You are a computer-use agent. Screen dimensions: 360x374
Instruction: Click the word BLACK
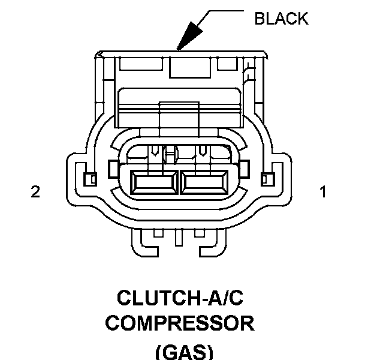tap(281, 19)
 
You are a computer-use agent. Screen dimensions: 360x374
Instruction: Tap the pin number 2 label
tap(35, 192)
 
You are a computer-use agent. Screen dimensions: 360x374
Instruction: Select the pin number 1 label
tap(323, 192)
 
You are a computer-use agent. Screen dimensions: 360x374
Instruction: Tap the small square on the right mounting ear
tap(267, 179)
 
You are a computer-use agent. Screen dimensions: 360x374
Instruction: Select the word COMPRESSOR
tap(180, 324)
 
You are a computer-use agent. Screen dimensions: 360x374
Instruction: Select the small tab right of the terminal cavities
tap(245, 168)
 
